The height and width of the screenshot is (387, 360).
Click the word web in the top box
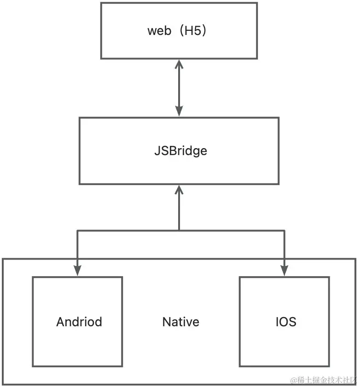158,31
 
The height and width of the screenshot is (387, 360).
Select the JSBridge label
180,150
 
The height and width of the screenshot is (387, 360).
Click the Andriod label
79,322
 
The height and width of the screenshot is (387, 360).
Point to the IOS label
283,322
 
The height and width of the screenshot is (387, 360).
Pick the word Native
181,322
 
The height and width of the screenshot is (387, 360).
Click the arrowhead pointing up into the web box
179,64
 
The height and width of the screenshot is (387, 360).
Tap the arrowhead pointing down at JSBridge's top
179,111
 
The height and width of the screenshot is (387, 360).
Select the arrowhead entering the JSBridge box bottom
179,190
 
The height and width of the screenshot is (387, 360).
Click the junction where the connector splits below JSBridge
179,230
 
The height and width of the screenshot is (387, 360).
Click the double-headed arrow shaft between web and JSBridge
179,87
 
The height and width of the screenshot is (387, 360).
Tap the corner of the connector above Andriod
77,230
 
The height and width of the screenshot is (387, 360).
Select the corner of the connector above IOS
284,230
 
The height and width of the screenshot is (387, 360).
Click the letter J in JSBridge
157,150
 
